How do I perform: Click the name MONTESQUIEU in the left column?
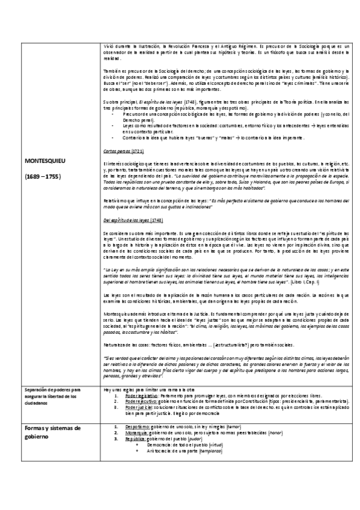pyautogui.click(x=45, y=162)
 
